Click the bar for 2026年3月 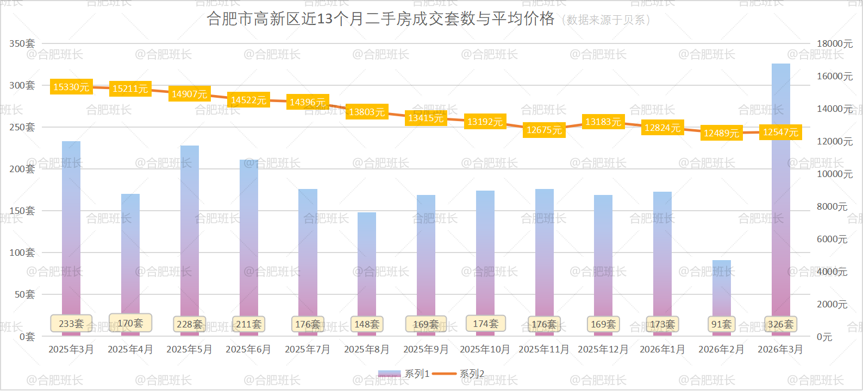(x=780, y=217)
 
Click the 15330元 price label (x=71, y=87)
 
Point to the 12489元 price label (x=721, y=133)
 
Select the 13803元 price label (x=367, y=112)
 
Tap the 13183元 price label (x=603, y=122)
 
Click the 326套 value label (x=780, y=324)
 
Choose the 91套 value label (x=722, y=324)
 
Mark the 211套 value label (x=248, y=324)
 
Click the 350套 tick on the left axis (x=22, y=43)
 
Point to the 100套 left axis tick (x=22, y=253)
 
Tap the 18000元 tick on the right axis (x=835, y=43)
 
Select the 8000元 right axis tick (x=832, y=207)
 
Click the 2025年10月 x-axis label (x=485, y=349)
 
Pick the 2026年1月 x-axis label (x=662, y=349)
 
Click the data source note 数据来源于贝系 (x=605, y=20)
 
